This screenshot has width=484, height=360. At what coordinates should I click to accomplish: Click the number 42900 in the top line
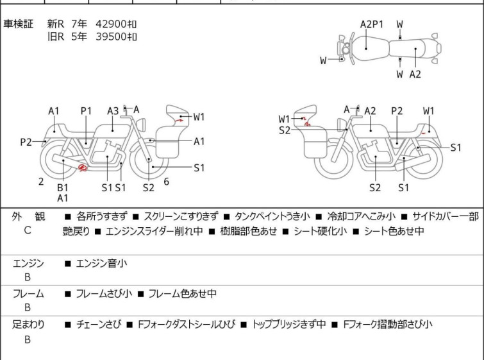111,24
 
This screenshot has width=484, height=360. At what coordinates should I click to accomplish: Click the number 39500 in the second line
111,37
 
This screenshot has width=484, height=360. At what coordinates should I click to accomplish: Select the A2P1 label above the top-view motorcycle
371,24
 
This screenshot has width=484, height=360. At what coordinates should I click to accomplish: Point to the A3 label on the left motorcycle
113,110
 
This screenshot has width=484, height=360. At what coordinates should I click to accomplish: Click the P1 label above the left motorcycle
86,110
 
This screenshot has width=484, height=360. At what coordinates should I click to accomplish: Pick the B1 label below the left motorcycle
62,187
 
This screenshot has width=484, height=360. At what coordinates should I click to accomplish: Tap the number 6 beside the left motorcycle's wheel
166,182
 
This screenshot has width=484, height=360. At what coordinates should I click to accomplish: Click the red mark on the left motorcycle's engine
81,168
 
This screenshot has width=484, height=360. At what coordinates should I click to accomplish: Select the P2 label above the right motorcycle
397,110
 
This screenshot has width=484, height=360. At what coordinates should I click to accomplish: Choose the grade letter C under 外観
27,230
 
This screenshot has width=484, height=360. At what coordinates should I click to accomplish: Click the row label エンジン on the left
28,263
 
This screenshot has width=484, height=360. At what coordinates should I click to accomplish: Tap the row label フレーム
28,294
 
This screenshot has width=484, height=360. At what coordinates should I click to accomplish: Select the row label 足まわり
28,325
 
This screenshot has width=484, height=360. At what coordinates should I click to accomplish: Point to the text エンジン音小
101,263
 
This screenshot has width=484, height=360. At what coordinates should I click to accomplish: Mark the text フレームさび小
104,294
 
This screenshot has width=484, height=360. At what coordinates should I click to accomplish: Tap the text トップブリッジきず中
289,325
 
